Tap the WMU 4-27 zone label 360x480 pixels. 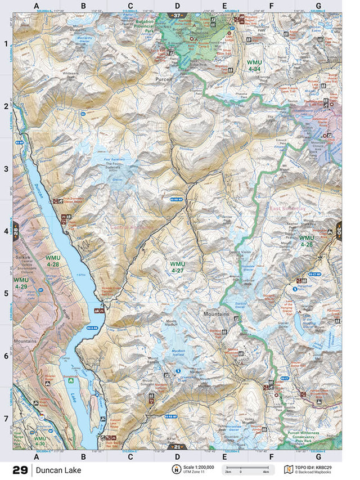178,267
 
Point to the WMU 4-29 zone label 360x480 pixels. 21,283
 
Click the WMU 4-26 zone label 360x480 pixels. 306,241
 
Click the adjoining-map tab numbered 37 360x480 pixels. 178,15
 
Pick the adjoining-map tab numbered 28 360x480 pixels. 16,231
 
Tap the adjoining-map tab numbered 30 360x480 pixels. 339,230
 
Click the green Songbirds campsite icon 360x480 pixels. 70,380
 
